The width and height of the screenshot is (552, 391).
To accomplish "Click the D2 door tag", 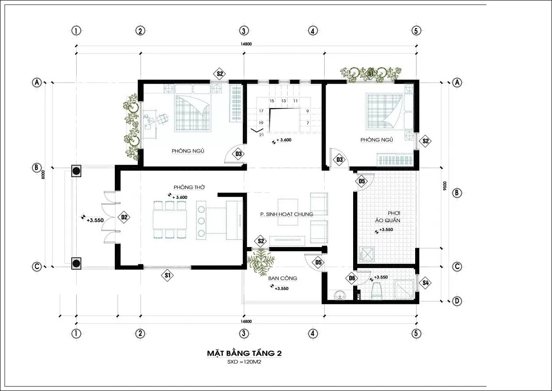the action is click(x=124, y=217).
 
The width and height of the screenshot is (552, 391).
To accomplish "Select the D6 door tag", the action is click(x=352, y=278).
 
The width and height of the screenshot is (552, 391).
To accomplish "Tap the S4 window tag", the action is click(x=425, y=282).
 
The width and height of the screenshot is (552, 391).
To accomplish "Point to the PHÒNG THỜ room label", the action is click(x=189, y=187).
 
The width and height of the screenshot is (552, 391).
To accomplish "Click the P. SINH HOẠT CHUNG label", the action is click(x=287, y=214).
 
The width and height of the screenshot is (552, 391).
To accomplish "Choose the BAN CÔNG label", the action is click(x=282, y=278).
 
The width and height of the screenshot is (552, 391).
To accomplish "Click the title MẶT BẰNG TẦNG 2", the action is click(x=244, y=353).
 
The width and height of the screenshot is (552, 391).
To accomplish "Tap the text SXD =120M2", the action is click(x=244, y=362).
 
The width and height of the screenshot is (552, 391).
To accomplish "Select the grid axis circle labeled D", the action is click(x=457, y=301).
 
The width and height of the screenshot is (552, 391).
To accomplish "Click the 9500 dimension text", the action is click(x=445, y=186).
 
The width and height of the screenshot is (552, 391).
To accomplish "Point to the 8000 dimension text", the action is click(x=43, y=174).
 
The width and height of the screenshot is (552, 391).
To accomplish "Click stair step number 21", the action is click(x=261, y=135).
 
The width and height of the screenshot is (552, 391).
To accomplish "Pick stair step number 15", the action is click(x=272, y=101).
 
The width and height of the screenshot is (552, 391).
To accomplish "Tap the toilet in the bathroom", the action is click(x=376, y=291).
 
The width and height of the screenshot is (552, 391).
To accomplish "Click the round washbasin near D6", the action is click(x=340, y=295).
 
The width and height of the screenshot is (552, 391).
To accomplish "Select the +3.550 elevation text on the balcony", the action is click(x=282, y=288).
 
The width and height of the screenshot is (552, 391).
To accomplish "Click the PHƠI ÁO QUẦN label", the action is click(x=388, y=217).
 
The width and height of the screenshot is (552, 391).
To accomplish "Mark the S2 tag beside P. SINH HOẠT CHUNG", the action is click(x=261, y=241).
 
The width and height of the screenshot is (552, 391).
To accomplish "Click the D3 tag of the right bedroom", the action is click(x=339, y=160).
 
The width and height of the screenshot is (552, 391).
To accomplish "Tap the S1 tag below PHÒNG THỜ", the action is click(x=168, y=275).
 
